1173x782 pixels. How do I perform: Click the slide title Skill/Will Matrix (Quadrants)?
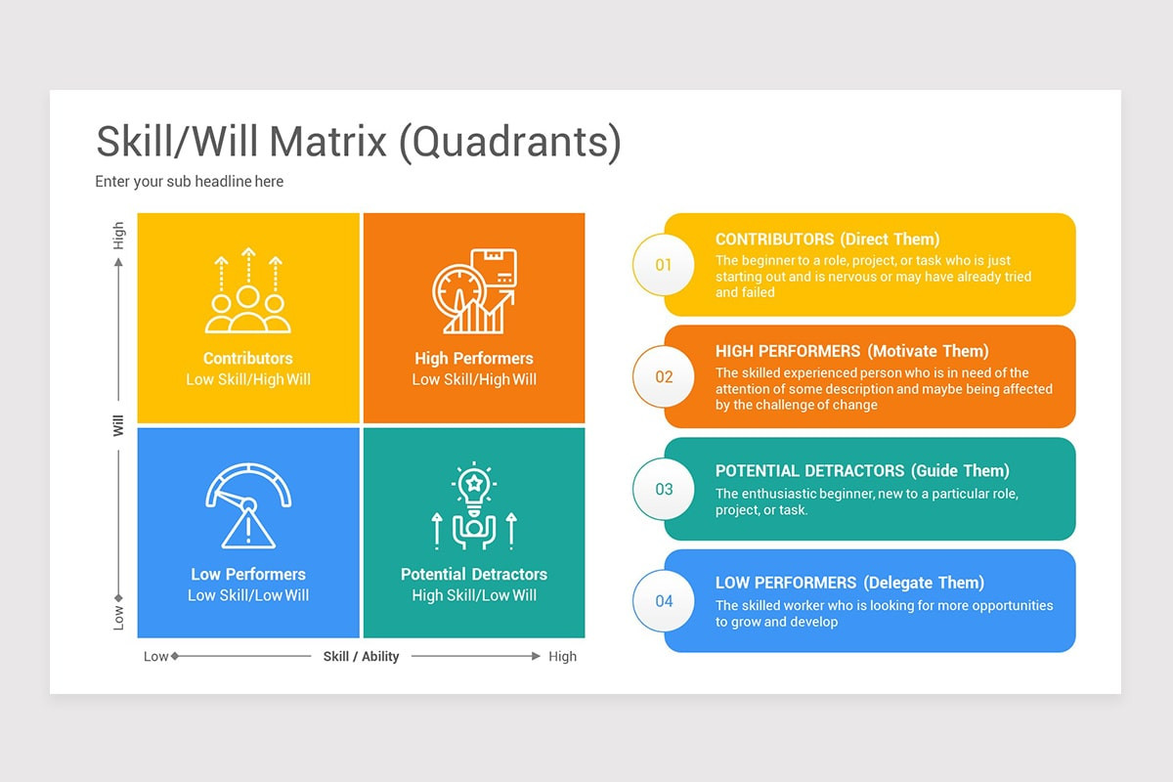tap(358, 142)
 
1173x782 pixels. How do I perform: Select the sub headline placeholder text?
tap(190, 182)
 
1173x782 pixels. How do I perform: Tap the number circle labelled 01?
tap(664, 265)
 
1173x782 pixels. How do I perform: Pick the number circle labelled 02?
tap(664, 377)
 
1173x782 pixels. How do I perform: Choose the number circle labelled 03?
tap(664, 489)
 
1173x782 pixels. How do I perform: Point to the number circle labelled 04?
tap(664, 601)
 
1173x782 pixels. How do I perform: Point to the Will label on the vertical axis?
tap(118, 425)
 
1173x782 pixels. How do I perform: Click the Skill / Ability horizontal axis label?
tap(361, 657)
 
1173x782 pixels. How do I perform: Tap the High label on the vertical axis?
tap(118, 236)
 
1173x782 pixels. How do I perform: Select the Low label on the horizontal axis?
tap(156, 657)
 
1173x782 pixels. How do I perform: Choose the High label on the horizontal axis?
tap(562, 657)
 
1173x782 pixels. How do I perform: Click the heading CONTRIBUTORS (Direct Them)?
tap(827, 239)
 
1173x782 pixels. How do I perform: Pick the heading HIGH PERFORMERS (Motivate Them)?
tap(851, 351)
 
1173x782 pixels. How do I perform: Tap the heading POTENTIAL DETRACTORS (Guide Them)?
tap(862, 471)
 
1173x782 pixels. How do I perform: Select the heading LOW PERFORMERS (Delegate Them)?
tap(849, 583)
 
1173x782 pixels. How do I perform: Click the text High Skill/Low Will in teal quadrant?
tap(474, 595)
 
